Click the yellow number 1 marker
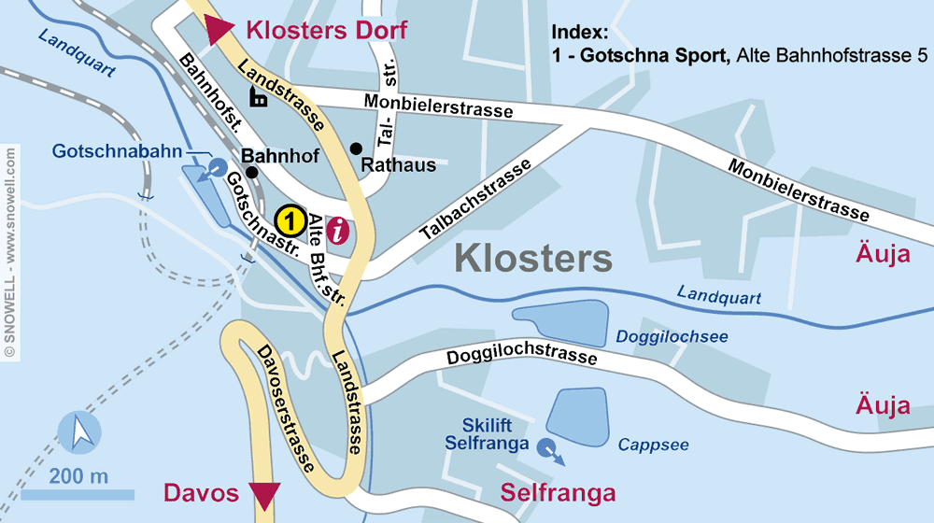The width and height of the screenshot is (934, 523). point(290,221)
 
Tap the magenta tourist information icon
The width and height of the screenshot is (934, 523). point(342,229)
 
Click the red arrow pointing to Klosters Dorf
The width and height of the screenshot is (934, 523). point(220,30)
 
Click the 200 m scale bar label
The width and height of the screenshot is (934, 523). point(78,475)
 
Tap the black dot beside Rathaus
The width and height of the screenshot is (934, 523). point(356,148)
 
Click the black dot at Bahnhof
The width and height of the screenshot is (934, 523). point(251,172)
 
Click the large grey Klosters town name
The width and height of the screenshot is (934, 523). point(533,259)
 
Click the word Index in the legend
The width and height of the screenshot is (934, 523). point(579,31)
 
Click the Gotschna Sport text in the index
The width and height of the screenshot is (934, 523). point(653,56)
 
